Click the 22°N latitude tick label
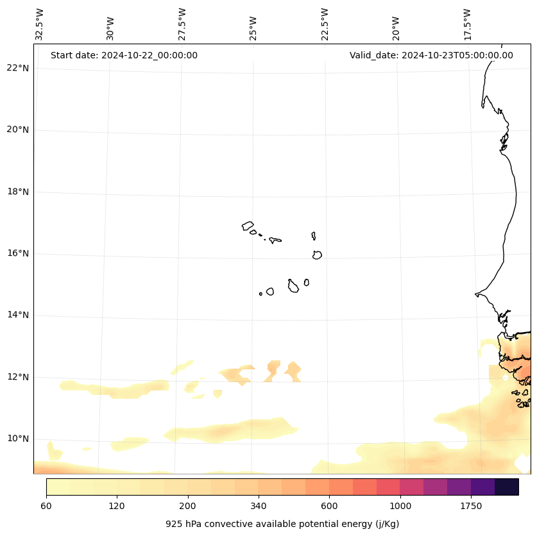point(17,68)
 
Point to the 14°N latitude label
point(17,315)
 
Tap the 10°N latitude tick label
point(17,439)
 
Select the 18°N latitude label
point(17,192)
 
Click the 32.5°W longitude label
point(40,24)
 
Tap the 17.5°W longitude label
point(468,24)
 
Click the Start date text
point(124,55)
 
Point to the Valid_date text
point(431,55)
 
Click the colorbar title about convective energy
point(282,524)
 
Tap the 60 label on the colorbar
point(46,507)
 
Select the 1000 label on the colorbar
point(400,507)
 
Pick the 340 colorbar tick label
point(259,507)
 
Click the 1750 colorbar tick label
point(471,507)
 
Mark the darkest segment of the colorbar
point(506,487)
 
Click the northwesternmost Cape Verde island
point(248,226)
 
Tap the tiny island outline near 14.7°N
point(260,294)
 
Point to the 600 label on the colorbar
point(329,507)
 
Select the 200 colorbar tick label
point(187,507)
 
